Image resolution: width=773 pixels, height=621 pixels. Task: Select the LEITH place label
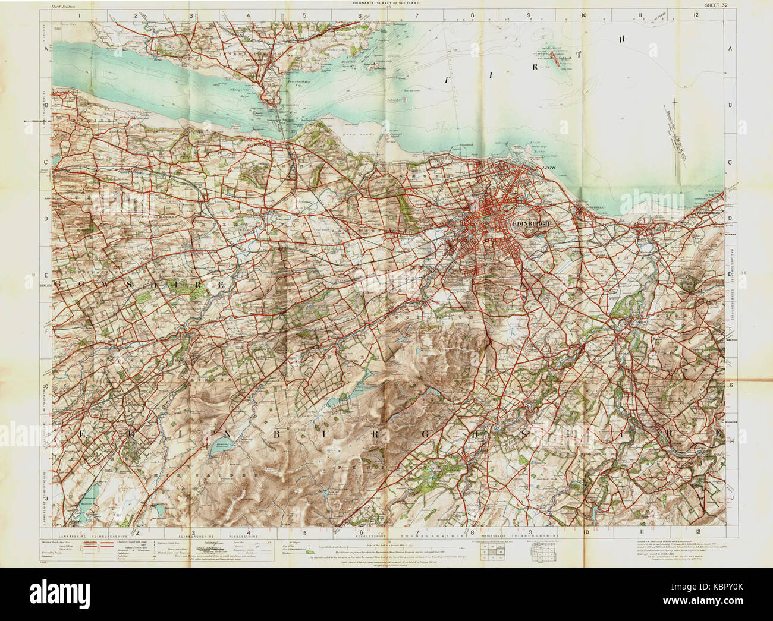click(548, 168)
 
